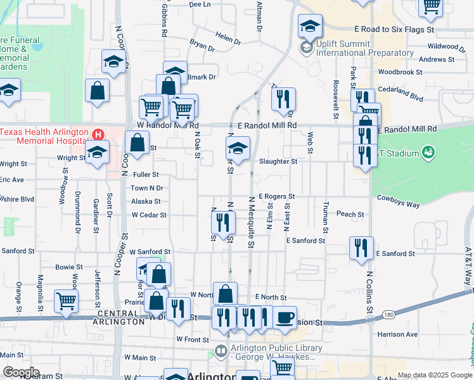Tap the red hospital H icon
tap(98, 134)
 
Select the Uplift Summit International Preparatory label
tap(366, 48)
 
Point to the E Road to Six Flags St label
tap(394, 30)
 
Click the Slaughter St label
tap(278, 161)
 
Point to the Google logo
tap(20, 372)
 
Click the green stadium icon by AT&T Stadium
tap(428, 153)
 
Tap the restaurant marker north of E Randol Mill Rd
tap(283, 98)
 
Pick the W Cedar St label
tap(149, 215)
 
